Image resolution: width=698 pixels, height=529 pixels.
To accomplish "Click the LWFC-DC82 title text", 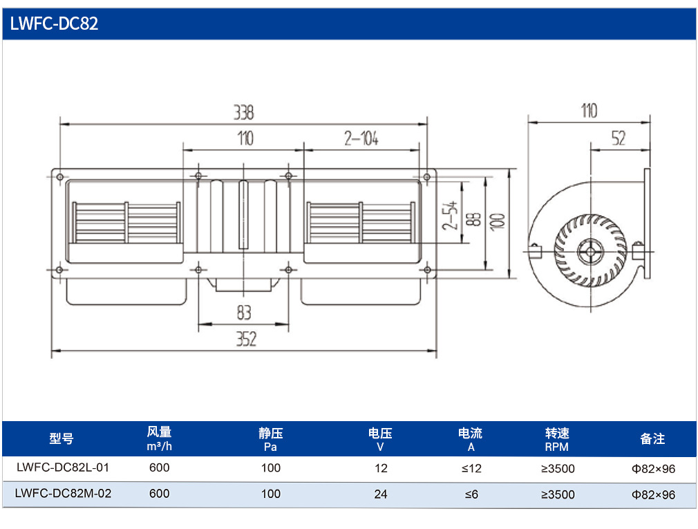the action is tap(54, 24).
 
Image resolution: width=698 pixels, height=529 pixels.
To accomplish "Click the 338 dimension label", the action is tap(244, 112).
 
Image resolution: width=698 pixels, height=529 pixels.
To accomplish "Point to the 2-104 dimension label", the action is tap(361, 138).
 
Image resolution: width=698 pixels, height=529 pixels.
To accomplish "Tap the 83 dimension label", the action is tap(244, 312).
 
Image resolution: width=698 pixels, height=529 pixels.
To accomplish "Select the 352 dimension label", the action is tap(246, 340).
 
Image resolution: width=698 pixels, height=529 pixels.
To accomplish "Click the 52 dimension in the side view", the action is tap(619, 138).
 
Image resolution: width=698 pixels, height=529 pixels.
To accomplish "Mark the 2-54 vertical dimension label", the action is tap(450, 216).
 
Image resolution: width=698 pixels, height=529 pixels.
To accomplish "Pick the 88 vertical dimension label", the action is tap(475, 219).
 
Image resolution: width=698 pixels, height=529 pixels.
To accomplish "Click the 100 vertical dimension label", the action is tap(497, 222).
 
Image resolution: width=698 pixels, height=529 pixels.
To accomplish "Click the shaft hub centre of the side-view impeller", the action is tap(591, 252).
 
